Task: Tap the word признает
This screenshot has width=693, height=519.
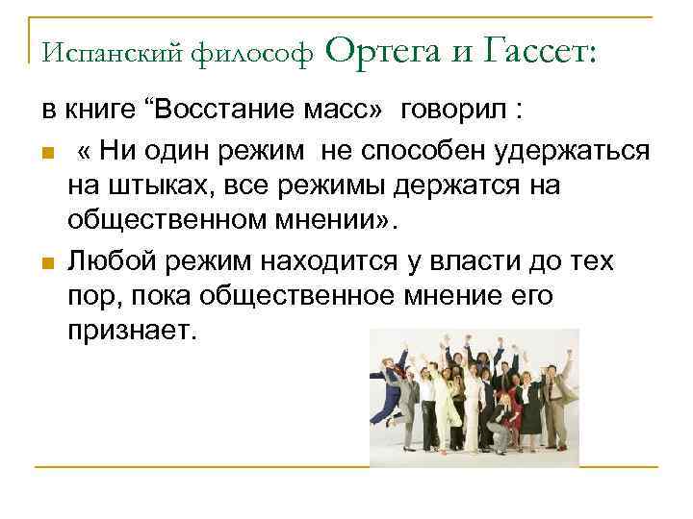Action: pos(133,332)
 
